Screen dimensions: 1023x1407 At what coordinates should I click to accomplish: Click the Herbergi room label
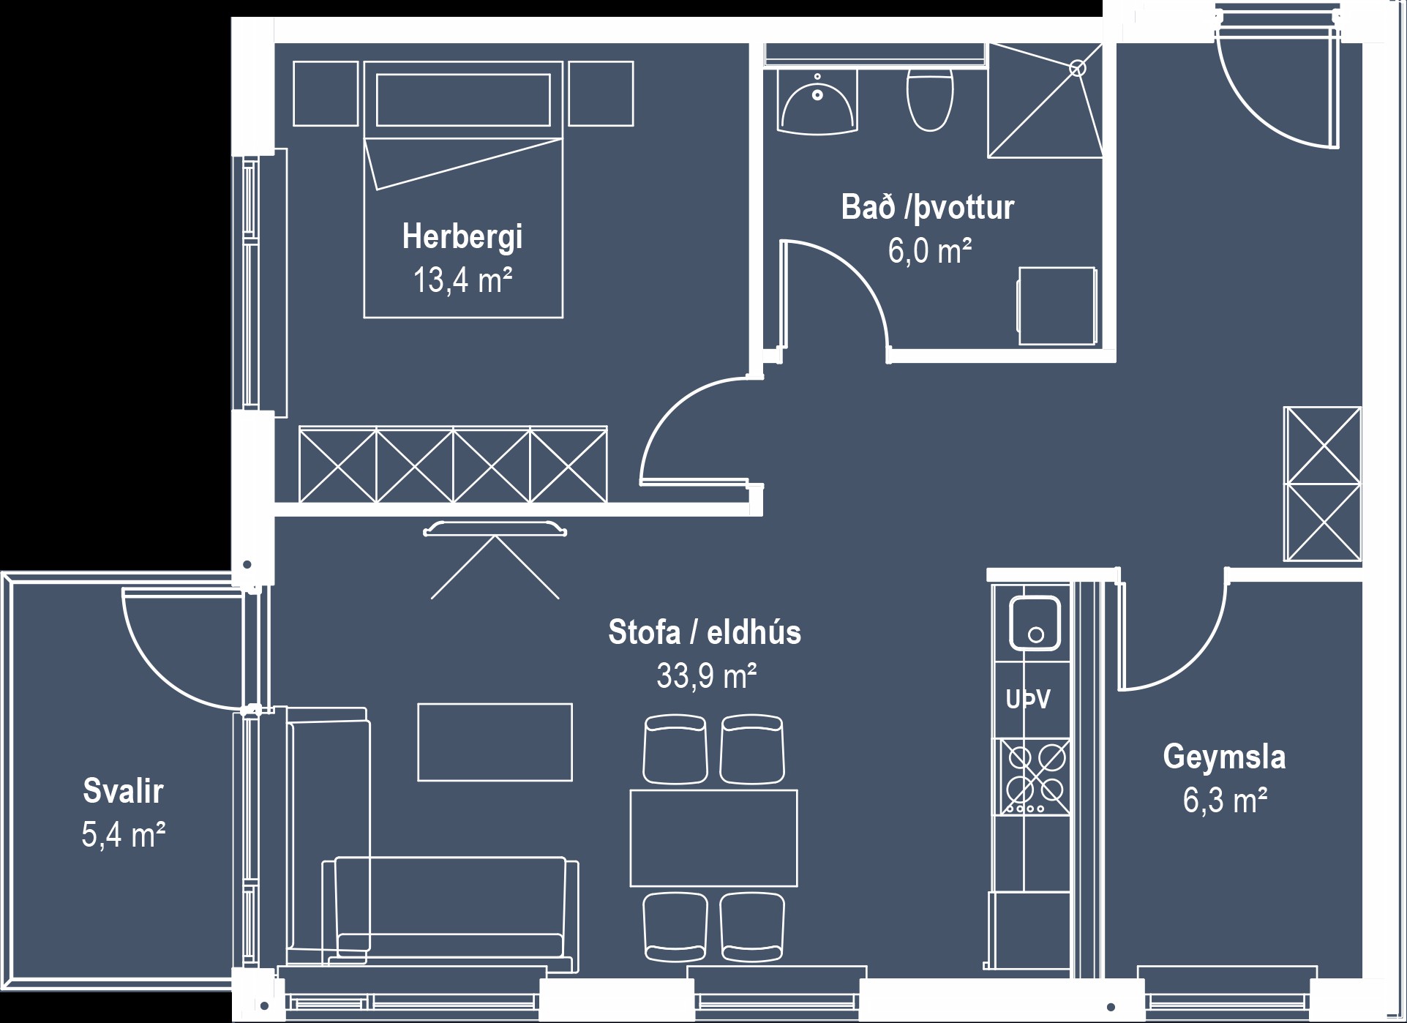pos(462,237)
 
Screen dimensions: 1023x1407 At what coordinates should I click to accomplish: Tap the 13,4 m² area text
pos(462,280)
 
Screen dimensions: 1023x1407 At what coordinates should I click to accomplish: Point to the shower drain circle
pos(1077,69)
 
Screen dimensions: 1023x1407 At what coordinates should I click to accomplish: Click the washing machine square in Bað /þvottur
pos(1057,305)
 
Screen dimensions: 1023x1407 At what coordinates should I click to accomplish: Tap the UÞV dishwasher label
pos(1028,700)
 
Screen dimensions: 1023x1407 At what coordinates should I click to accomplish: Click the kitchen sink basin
pos(1035,623)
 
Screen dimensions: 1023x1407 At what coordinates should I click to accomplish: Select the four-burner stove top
pos(1035,777)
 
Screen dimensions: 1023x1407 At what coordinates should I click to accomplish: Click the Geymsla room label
pos(1224,757)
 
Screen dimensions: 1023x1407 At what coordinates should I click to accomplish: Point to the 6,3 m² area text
pos(1225,801)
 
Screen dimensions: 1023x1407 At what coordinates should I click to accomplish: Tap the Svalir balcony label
pos(123,791)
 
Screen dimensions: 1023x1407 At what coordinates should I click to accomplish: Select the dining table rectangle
pos(713,838)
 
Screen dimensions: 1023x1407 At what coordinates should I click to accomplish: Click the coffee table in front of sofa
pos(495,742)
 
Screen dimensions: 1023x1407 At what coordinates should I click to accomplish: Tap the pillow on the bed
pos(463,100)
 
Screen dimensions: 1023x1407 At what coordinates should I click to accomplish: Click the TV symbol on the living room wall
pos(495,528)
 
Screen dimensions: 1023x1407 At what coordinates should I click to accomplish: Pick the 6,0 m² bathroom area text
pos(929,252)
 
